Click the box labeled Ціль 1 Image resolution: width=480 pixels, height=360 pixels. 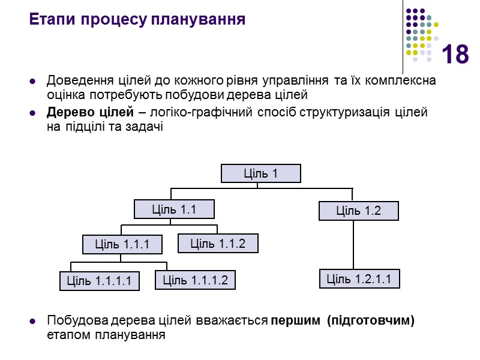(260, 173)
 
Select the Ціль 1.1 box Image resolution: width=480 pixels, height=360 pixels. (173, 209)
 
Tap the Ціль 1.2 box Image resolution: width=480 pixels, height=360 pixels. (358, 211)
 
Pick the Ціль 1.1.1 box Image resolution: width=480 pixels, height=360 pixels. (122, 244)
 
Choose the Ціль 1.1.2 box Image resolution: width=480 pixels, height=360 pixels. (218, 243)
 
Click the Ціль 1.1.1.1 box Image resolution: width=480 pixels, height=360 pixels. (99, 281)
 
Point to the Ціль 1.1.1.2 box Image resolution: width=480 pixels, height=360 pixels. (195, 280)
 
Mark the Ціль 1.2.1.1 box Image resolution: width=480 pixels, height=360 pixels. (358, 278)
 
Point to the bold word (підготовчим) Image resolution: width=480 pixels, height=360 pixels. (371, 320)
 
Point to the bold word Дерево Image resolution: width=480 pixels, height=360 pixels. (68, 112)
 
